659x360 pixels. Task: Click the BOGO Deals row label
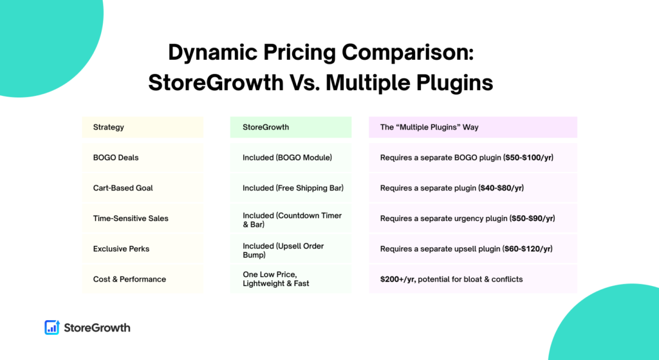[x=116, y=158]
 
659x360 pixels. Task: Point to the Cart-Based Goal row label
[x=123, y=188]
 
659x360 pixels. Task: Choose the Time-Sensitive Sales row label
[x=131, y=218]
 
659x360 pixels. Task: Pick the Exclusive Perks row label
[x=121, y=249]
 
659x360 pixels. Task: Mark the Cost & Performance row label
[x=129, y=279]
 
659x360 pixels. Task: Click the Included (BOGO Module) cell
[x=287, y=158]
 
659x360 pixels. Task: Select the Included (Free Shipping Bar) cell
[x=293, y=188]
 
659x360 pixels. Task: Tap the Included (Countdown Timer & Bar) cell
[x=292, y=220]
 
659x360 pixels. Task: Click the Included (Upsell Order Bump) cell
[x=283, y=251]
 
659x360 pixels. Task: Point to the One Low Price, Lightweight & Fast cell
[x=275, y=279]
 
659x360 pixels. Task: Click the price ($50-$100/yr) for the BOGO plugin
[x=528, y=158]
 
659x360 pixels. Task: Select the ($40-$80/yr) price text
[x=501, y=188]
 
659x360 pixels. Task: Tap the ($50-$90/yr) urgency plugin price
[x=532, y=218]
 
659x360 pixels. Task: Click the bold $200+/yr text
[x=398, y=279]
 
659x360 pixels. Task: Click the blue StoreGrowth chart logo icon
[x=52, y=327]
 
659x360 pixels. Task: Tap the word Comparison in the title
[x=407, y=53]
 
